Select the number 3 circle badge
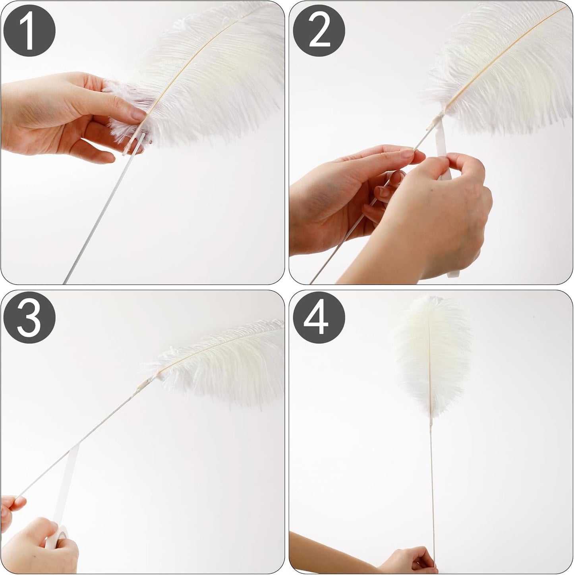click(x=29, y=318)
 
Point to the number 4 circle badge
click(x=319, y=318)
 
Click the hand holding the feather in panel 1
click(x=60, y=115)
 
